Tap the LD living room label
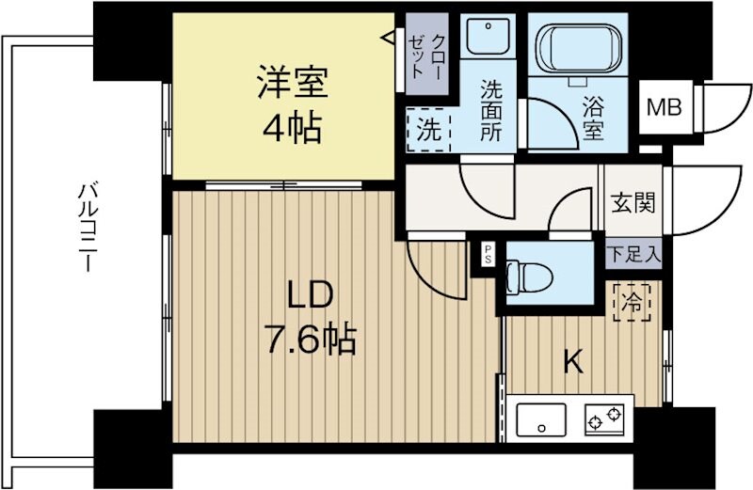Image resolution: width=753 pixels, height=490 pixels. (x=309, y=296)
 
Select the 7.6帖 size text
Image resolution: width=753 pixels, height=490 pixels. (x=310, y=339)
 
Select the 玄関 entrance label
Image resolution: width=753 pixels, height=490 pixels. (x=632, y=201)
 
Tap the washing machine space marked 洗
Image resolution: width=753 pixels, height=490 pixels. (x=427, y=131)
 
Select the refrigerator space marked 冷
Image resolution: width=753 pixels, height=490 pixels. (x=631, y=303)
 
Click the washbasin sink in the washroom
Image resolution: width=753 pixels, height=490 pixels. (x=488, y=39)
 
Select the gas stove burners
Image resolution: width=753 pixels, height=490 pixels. (x=604, y=417)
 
